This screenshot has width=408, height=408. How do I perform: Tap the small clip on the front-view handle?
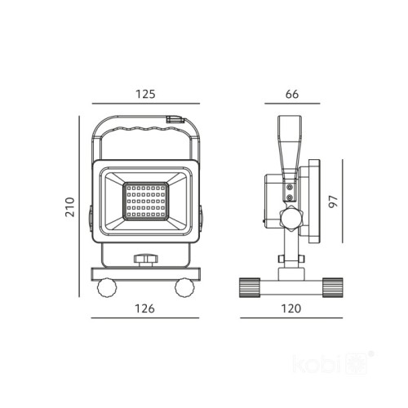pyautogui.click(x=175, y=120)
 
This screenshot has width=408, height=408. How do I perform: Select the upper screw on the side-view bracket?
pyautogui.click(x=290, y=187)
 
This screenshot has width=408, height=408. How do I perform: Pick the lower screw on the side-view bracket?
pyautogui.click(x=290, y=197)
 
